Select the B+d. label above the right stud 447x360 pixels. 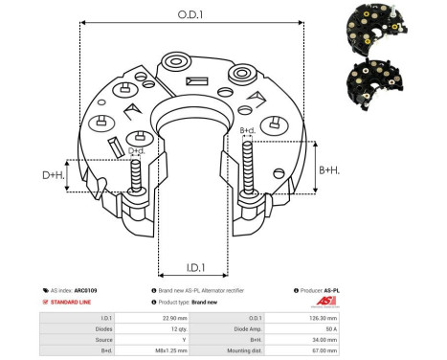click(x=246, y=130)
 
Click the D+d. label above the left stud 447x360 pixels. click(x=136, y=150)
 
